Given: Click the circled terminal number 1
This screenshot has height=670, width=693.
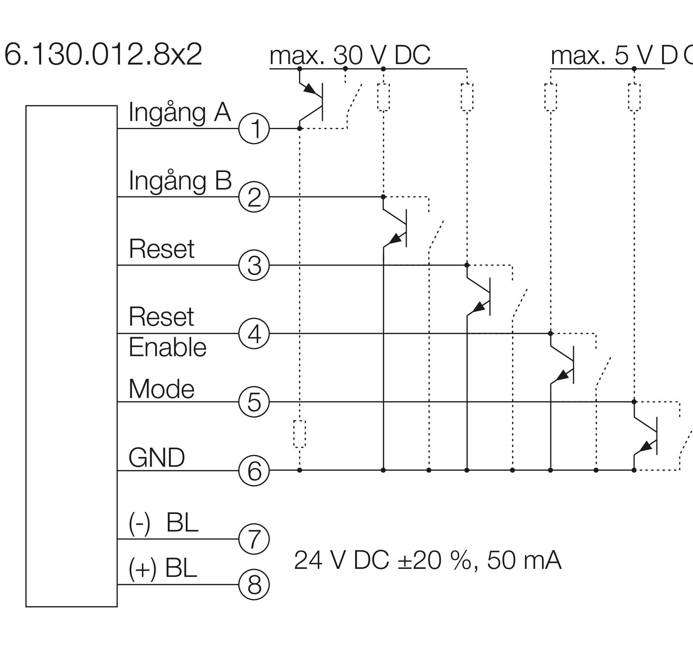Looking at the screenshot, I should click(x=254, y=128).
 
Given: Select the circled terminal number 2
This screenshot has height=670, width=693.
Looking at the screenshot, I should click(x=254, y=197).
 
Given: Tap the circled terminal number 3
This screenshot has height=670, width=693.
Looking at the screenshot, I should click(x=254, y=265).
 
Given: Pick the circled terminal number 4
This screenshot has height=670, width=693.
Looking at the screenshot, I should click(x=254, y=334).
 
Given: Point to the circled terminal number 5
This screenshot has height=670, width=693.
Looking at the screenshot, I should click(x=254, y=402).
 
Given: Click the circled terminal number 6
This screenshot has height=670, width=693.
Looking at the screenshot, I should click(x=254, y=471).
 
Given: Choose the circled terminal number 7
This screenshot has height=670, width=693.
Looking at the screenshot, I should click(x=254, y=538).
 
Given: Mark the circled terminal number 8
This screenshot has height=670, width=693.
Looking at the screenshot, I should click(x=254, y=585).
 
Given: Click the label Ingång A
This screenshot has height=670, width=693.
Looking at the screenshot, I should click(x=179, y=112).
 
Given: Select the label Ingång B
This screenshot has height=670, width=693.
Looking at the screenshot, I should click(x=180, y=180).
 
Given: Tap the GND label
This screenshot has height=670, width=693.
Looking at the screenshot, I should click(x=157, y=458).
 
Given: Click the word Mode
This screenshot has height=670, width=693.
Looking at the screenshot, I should click(x=161, y=389).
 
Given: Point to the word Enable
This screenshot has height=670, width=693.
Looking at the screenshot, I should click(x=167, y=347).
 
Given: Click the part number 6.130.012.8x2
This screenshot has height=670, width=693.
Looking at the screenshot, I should click(x=103, y=55).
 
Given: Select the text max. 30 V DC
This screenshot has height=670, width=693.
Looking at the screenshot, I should click(x=350, y=55).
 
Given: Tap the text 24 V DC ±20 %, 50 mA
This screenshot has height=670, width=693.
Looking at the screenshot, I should click(x=427, y=560).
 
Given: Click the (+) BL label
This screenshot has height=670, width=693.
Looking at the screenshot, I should click(x=163, y=568).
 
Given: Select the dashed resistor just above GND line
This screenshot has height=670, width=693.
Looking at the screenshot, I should click(x=300, y=434).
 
